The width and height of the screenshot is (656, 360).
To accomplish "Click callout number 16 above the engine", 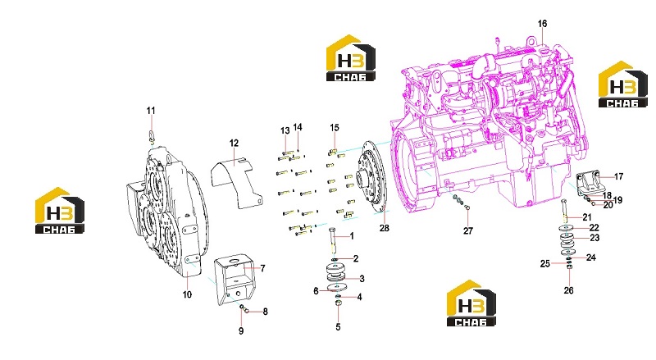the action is click(542, 24).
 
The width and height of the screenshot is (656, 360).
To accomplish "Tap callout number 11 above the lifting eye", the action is click(151, 111).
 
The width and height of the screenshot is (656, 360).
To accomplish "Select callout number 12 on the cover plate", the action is click(234, 144).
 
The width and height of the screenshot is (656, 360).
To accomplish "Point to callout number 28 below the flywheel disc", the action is click(384, 228).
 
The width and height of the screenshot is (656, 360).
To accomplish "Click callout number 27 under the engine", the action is click(467, 230).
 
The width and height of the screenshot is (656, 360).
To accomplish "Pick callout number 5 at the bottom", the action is click(338, 327).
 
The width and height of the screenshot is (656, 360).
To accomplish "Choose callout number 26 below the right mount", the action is click(568, 290).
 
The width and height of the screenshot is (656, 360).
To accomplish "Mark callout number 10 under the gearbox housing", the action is click(187, 294).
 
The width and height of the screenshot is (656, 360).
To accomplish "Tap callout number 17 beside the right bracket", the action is click(618, 176).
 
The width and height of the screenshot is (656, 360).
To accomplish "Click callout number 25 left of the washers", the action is click(544, 264).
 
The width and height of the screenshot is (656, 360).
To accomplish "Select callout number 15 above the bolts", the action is click(335, 128).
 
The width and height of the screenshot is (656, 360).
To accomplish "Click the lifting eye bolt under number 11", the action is click(152, 136).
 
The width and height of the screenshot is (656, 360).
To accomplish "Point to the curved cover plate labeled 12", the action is click(236, 181).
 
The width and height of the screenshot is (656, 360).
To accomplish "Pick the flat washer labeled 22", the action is click(567, 228).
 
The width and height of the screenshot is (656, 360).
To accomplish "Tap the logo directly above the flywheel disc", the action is click(351, 57).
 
